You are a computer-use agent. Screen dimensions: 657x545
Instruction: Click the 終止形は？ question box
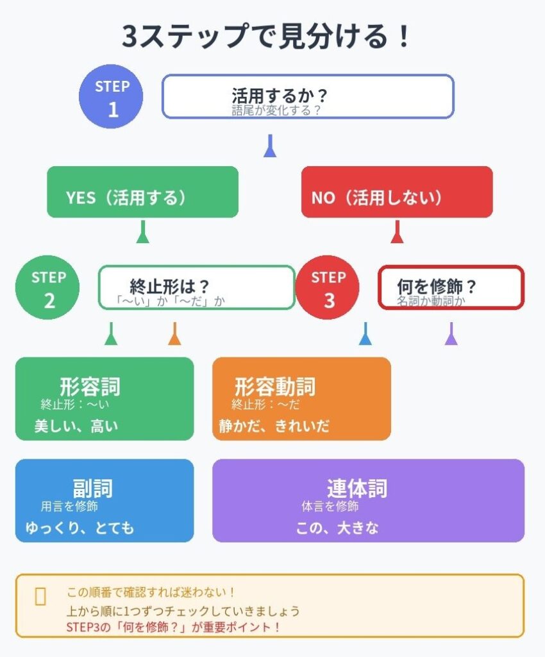[x=196, y=287]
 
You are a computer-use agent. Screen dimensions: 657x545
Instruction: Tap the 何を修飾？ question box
[x=451, y=287]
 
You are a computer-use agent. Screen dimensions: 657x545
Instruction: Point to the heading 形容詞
[x=90, y=387]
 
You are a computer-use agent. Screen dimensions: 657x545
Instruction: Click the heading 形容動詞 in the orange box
[x=275, y=387]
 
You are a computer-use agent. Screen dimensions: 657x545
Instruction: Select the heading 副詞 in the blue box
[x=93, y=488]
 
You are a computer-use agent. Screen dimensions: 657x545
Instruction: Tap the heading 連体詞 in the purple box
[x=357, y=488]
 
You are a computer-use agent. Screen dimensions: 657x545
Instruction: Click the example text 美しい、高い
[x=76, y=426]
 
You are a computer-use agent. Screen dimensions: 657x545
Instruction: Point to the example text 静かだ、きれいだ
[x=274, y=426]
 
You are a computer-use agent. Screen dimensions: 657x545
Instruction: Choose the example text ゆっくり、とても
[x=80, y=528]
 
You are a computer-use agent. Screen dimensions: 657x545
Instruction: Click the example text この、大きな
[x=337, y=528]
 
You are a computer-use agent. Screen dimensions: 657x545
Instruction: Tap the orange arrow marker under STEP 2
[x=174, y=334]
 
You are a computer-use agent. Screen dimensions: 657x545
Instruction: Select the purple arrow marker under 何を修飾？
[x=451, y=334]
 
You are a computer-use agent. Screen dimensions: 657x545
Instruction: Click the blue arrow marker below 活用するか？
[x=270, y=146]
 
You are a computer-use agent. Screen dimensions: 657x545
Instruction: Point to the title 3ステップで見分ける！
[x=265, y=37]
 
